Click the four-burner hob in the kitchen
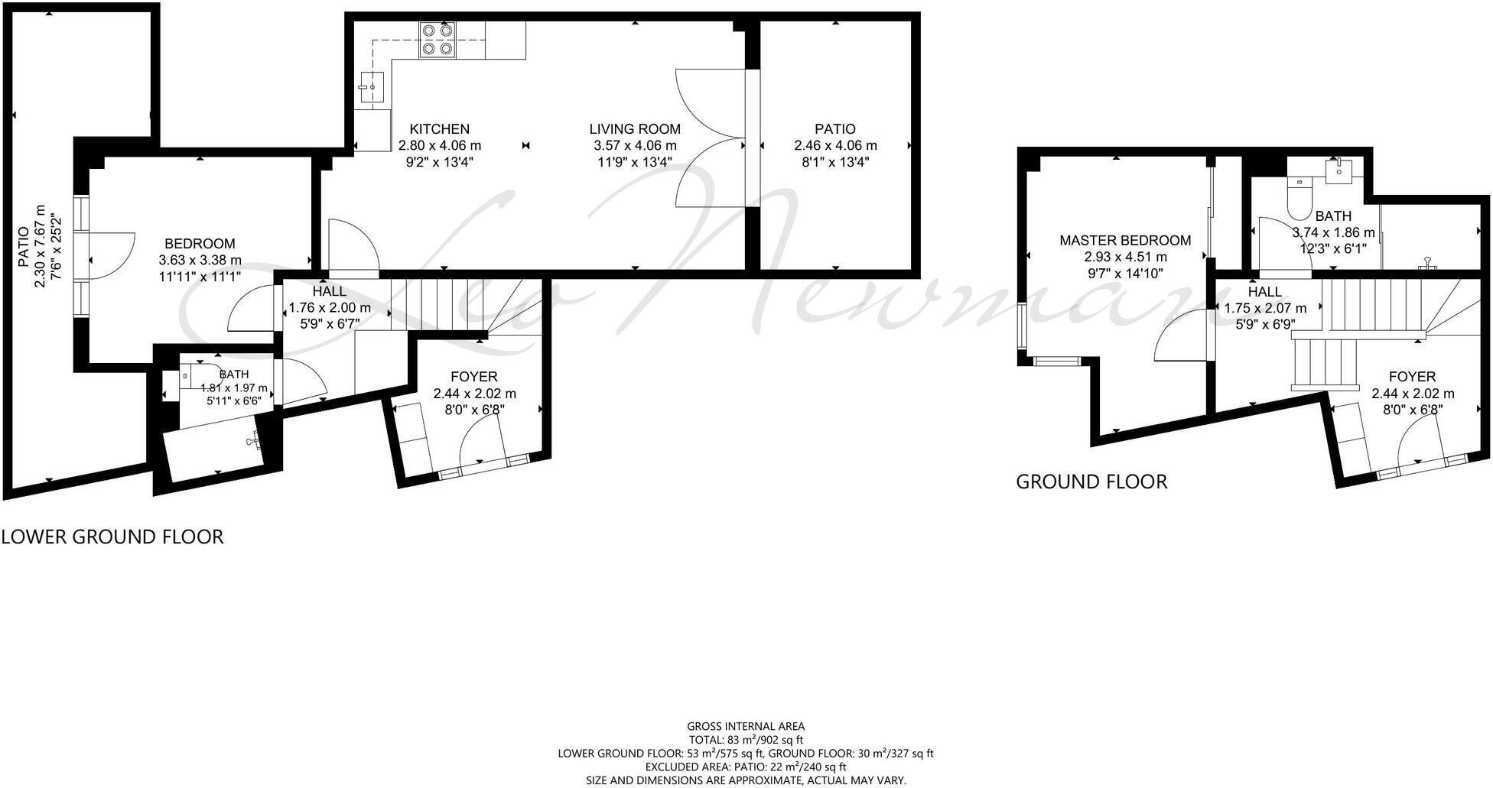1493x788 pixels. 437,40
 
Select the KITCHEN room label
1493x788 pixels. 440,129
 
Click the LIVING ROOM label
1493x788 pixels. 635,129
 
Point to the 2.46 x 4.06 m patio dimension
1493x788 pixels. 835,145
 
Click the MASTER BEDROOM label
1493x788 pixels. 1125,241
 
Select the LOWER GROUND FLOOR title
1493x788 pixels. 112,537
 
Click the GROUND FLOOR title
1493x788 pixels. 1091,482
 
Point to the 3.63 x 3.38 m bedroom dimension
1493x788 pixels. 200,260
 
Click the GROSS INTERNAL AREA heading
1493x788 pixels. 746,727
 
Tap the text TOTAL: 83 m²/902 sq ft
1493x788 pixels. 746,740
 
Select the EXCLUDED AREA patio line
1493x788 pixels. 746,767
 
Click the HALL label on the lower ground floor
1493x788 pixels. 329,291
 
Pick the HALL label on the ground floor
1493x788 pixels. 1265,291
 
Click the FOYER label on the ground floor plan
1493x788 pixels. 1413,377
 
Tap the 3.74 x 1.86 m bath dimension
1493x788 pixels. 1334,232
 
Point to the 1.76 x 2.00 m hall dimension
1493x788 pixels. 330,308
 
